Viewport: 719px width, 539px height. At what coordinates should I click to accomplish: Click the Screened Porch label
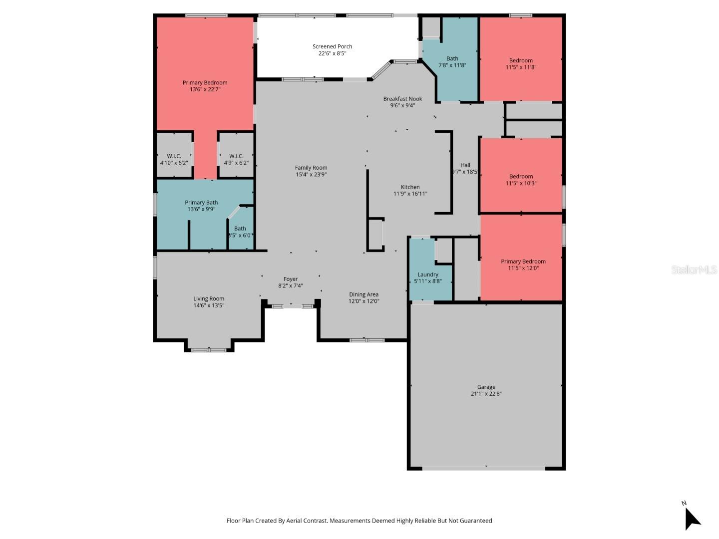(x=332, y=46)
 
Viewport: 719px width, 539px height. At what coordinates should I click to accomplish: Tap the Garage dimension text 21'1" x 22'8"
(x=486, y=394)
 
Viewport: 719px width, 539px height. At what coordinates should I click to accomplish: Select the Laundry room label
(x=428, y=274)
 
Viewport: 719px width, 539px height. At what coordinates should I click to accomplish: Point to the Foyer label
(x=291, y=279)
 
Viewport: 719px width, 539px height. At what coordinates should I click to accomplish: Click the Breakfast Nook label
(x=402, y=99)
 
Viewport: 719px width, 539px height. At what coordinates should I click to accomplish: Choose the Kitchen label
(x=410, y=187)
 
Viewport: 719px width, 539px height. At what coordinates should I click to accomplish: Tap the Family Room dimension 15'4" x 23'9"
(x=311, y=175)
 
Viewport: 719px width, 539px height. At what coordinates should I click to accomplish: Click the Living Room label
(x=209, y=299)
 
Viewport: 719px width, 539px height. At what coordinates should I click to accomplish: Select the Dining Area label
(x=363, y=294)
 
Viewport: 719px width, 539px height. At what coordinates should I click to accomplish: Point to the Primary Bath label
(x=201, y=203)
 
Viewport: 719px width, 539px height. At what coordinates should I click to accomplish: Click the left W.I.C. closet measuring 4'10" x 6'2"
(x=174, y=159)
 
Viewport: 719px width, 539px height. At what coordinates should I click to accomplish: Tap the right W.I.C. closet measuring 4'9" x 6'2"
(x=236, y=159)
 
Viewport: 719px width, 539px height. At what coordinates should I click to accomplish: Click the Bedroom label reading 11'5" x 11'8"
(x=521, y=64)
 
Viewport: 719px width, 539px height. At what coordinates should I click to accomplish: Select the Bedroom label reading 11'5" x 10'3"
(x=521, y=180)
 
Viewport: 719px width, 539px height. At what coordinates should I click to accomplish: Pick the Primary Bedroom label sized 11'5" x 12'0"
(x=523, y=265)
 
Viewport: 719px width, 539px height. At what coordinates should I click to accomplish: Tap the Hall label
(x=465, y=165)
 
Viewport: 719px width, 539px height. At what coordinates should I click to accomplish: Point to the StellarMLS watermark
(x=694, y=270)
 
